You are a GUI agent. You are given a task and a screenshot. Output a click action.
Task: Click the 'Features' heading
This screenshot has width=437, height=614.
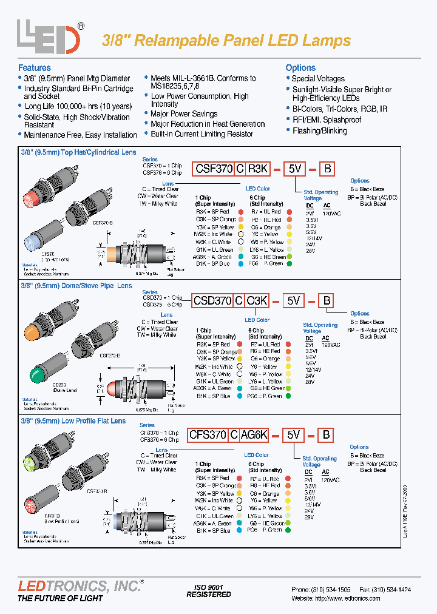(35, 68)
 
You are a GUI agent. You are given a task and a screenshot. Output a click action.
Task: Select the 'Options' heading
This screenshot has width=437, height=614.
(300, 68)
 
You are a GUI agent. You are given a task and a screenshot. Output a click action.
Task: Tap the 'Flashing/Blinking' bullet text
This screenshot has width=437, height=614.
(319, 130)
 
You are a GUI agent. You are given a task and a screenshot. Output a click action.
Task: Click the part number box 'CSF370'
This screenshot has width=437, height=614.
(213, 169)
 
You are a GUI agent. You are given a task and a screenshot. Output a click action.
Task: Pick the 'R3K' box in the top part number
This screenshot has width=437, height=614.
(258, 169)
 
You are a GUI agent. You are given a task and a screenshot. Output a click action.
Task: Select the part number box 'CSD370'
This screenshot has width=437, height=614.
(213, 300)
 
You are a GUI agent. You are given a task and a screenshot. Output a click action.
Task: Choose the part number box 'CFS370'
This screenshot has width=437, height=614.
(208, 434)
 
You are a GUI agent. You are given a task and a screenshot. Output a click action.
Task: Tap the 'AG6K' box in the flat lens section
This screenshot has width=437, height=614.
(256, 434)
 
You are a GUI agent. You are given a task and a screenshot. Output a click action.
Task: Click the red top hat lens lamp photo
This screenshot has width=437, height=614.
(32, 197)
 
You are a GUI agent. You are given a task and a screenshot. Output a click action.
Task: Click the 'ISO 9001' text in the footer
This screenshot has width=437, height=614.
(208, 587)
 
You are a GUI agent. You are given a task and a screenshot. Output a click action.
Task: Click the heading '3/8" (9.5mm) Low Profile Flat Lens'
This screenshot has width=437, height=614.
(73, 420)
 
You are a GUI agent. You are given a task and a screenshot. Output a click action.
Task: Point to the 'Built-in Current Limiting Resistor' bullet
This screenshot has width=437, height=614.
(202, 134)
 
